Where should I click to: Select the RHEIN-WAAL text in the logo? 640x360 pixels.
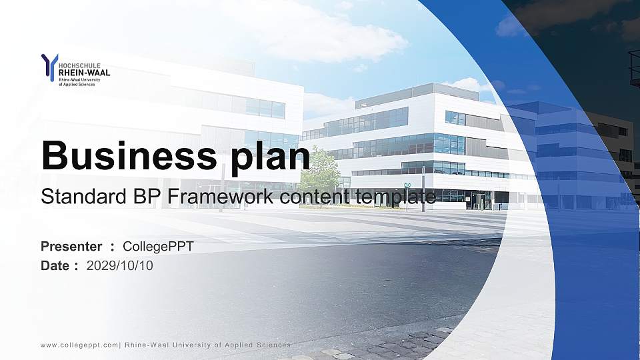click(85, 73)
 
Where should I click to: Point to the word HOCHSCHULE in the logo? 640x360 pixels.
click(80, 66)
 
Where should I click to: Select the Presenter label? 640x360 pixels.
click(71, 247)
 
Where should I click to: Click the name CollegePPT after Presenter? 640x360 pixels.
click(159, 247)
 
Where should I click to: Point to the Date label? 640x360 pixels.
click(55, 265)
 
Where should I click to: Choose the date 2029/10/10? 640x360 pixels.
click(120, 265)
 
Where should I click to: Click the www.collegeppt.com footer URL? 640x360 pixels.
click(79, 345)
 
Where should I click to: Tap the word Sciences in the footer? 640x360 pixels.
click(274, 345)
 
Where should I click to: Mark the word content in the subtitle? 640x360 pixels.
click(313, 197)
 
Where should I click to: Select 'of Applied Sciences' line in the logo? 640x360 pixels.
click(77, 84)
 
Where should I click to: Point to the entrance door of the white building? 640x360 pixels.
click(479, 200)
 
